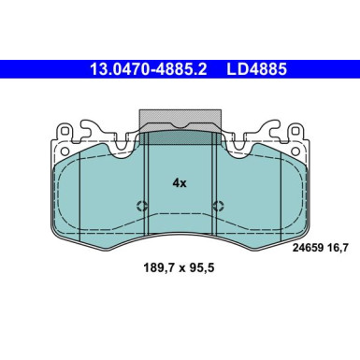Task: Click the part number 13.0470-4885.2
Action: (148, 68)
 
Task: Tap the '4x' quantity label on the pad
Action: (180, 183)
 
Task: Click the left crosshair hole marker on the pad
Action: (141, 207)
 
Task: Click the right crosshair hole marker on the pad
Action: (218, 207)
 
